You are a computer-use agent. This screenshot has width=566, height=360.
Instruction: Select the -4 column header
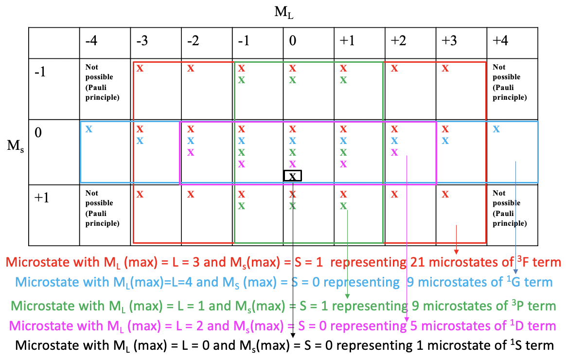pos(91,40)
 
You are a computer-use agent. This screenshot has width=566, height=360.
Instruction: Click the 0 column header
pos(292,40)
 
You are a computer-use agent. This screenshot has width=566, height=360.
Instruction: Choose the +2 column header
pos(399,40)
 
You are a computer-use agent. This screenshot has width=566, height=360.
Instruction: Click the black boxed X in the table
pos(292,176)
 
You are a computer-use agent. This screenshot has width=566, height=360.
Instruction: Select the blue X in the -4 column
pos(89,129)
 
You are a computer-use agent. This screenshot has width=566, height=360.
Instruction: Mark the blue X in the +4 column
pos(496,129)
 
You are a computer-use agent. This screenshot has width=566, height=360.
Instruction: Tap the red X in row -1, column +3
pos(445,68)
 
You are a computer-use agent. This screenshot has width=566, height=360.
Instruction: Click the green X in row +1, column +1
pos(343,205)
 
